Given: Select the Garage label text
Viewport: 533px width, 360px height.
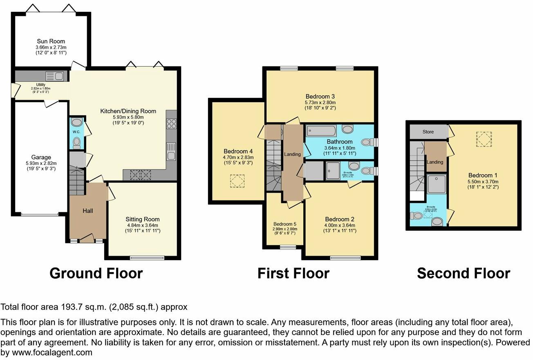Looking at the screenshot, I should coord(41,157).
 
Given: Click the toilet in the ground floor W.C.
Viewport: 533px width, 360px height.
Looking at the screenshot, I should coord(76,142).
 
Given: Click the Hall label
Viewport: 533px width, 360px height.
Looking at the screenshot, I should coord(88,211).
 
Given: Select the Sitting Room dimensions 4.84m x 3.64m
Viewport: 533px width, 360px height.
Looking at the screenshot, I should coord(143,225).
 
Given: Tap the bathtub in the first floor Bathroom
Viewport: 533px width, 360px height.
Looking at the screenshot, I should coord(321,131).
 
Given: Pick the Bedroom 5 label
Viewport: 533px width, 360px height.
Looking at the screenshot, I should coord(285,224).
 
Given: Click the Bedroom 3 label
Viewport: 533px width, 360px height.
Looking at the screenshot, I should coord(320,97).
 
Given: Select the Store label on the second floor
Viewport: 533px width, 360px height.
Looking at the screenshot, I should coord(428,132).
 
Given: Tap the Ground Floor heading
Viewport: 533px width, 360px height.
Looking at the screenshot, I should coord(96,273).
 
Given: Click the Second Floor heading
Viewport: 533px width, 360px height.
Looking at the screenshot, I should coord(464,273).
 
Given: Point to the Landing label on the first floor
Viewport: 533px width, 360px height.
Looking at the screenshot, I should coord(292,154).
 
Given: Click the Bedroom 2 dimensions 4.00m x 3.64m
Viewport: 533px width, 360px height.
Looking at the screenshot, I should coord(340,225).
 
